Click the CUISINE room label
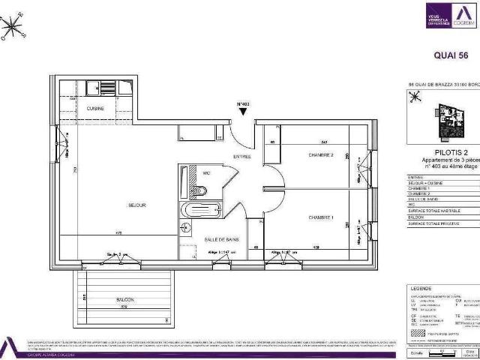pyautogui.click(x=95, y=109)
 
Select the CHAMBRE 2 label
pyautogui.click(x=320, y=155)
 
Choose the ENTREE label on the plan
pyautogui.click(x=241, y=156)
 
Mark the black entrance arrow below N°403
pyautogui.click(x=243, y=112)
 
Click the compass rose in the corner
pyautogui.click(x=13, y=28)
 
